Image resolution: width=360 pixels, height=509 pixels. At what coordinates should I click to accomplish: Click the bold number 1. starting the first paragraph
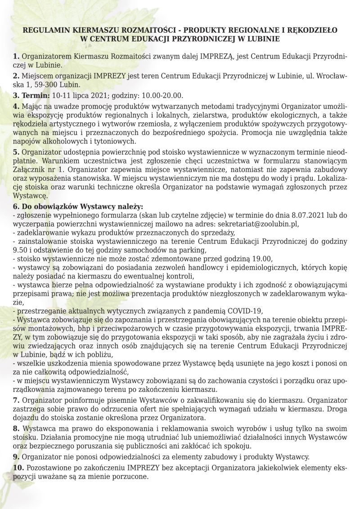pyautogui.click(x=16, y=57)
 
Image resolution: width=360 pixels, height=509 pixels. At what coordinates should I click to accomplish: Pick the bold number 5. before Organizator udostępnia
pyautogui.click(x=16, y=152)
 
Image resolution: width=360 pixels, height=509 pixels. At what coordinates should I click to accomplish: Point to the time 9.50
pyautogui.click(x=21, y=250)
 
